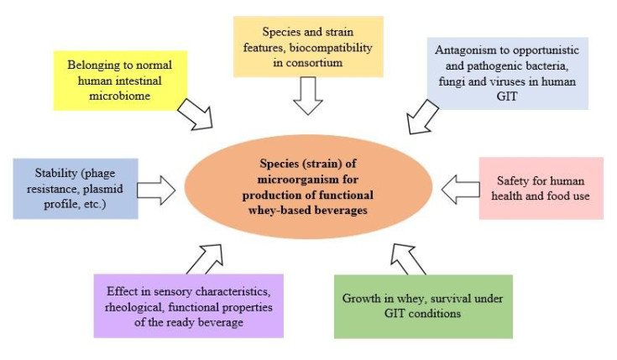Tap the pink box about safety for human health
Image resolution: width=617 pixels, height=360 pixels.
(541, 188)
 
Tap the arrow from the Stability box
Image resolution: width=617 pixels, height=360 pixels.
(155, 189)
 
